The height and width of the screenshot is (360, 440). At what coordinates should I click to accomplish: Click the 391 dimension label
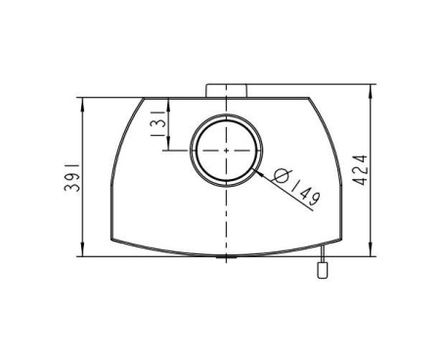[72, 177]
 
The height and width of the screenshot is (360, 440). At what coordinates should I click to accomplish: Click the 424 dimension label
[361, 170]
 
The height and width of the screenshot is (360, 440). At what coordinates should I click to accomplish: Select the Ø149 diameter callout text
[297, 188]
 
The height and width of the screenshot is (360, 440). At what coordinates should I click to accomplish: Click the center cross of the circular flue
[226, 151]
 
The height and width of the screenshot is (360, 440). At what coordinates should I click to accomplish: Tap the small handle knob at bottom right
[323, 270]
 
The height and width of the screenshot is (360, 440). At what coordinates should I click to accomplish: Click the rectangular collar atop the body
[226, 91]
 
